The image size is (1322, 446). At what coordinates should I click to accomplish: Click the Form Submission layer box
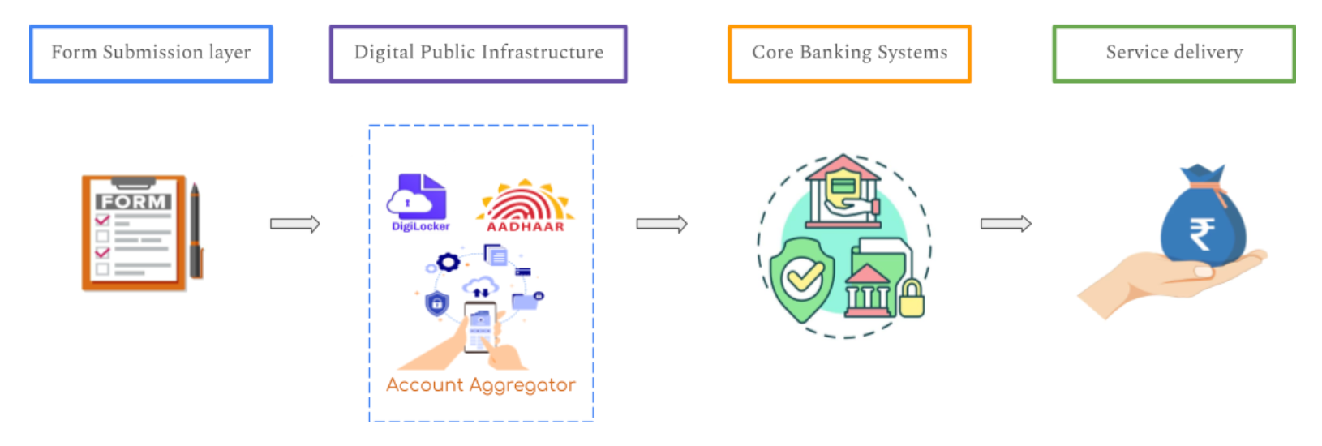[x=151, y=54]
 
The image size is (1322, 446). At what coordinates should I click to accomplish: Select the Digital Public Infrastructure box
[x=478, y=54]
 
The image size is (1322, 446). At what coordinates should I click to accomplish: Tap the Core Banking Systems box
[x=849, y=54]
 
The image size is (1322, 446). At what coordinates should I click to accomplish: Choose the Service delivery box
[x=1174, y=54]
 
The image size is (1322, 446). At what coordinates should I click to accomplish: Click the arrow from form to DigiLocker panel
[x=295, y=224]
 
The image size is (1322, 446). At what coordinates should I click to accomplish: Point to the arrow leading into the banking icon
[x=661, y=224]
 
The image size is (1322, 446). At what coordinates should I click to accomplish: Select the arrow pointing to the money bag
[x=1006, y=224]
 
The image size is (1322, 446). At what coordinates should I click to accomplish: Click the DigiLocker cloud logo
[x=417, y=198]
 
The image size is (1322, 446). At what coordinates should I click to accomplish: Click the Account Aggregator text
[x=481, y=385]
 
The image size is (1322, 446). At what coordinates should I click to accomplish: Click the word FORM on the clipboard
[x=133, y=201]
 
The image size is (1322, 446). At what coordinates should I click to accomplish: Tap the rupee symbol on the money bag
[x=1201, y=234]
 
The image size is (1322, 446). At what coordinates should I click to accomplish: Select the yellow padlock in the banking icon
[x=911, y=299]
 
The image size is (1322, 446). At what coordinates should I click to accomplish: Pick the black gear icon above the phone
[x=448, y=262]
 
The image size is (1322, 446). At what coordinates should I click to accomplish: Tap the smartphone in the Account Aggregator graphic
[x=480, y=327]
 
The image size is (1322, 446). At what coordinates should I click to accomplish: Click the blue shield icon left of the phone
[x=437, y=303]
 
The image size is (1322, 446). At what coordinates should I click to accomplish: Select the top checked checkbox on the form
[x=103, y=220]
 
